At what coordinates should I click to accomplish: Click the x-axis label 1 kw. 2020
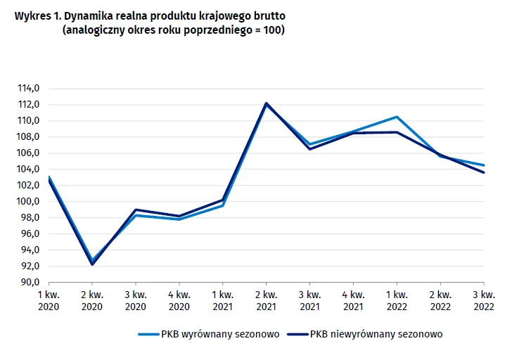click(x=48, y=300)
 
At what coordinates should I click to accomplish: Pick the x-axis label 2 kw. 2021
click(x=266, y=300)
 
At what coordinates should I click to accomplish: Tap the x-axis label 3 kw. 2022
click(x=484, y=300)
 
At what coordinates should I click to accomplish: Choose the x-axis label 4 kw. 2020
click(x=179, y=300)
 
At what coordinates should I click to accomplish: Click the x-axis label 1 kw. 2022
click(x=397, y=300)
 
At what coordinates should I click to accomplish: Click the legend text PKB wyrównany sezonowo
click(x=220, y=335)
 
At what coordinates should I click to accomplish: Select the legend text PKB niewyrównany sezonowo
click(x=376, y=335)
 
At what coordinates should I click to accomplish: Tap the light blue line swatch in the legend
click(x=148, y=335)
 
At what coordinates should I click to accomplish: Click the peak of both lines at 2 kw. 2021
click(x=266, y=103)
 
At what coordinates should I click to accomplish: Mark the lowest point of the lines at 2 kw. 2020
click(x=91, y=263)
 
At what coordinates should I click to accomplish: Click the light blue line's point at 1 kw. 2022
click(x=397, y=117)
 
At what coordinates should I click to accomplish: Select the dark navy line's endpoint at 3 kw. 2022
click(x=484, y=172)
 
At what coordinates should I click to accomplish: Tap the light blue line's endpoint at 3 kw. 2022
click(x=484, y=165)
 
